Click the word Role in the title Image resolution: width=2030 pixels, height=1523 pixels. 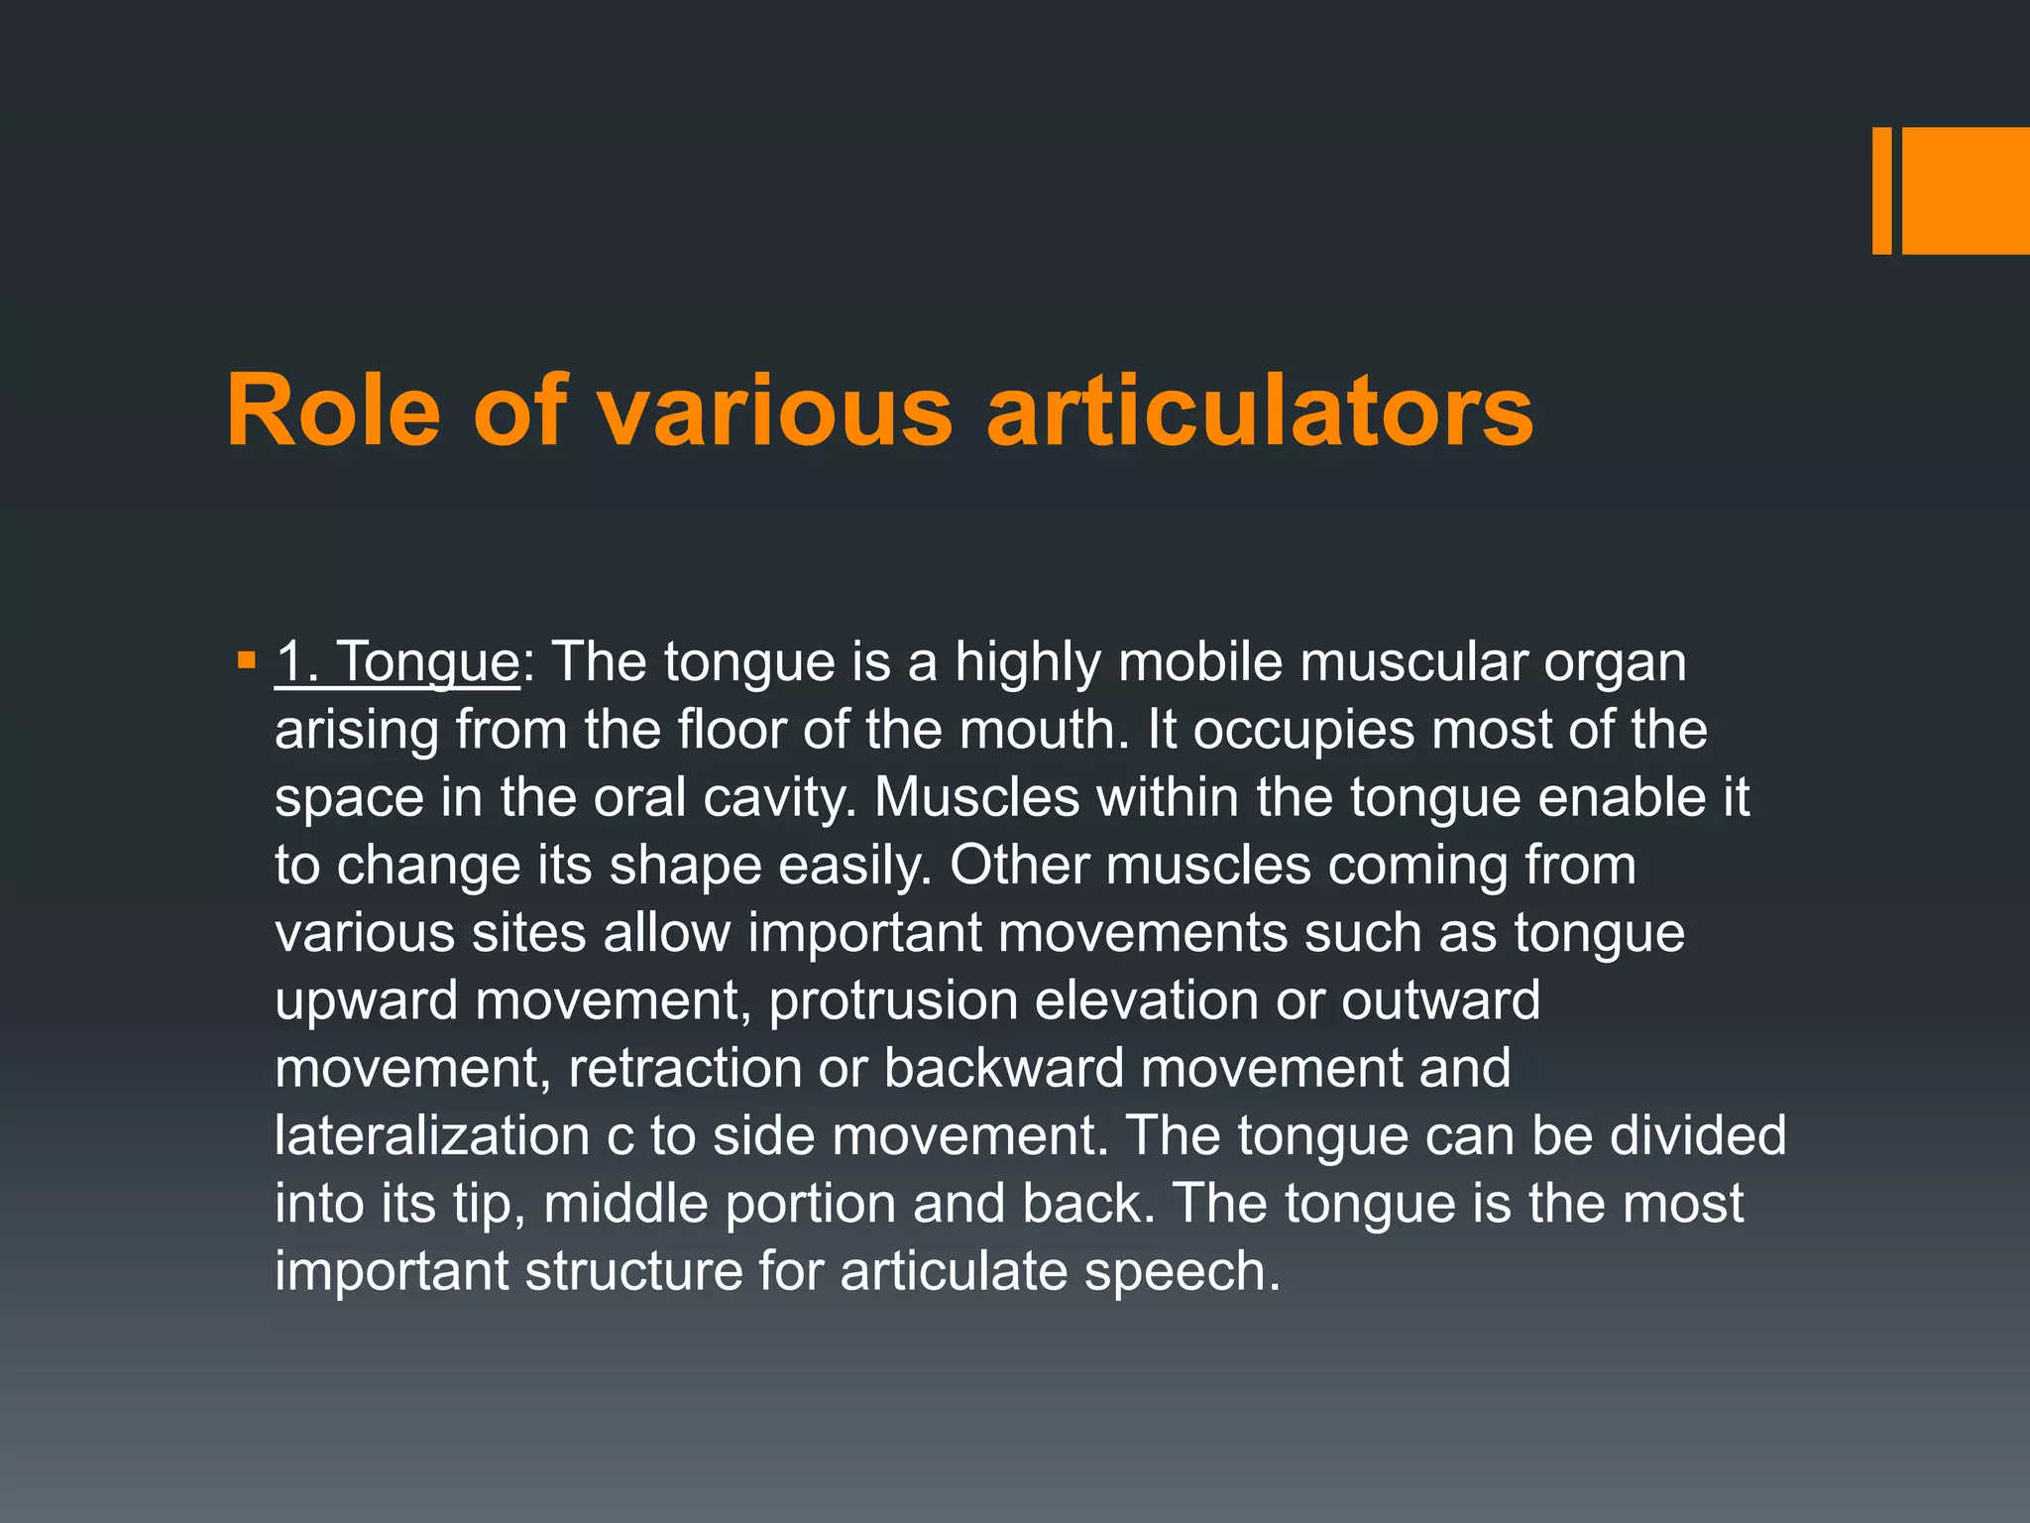(x=333, y=410)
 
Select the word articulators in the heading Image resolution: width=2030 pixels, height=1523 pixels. (x=1260, y=410)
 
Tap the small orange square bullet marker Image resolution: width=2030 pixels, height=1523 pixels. (x=247, y=658)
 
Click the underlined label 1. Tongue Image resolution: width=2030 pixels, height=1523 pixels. (x=396, y=661)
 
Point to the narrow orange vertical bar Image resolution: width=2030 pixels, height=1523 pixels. (x=1881, y=190)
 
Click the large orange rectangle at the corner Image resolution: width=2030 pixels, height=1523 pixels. (x=1966, y=190)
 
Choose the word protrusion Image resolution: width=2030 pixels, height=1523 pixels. (x=893, y=1001)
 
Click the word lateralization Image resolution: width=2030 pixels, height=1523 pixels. (x=432, y=1136)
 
